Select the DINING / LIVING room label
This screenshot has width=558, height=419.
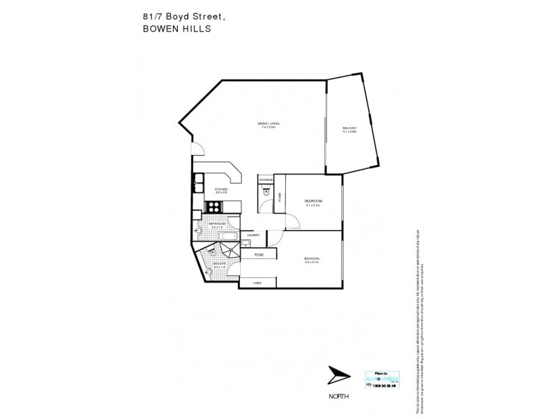269,126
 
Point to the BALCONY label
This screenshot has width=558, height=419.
349,129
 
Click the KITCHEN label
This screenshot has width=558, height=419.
221,189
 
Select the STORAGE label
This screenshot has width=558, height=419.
266,180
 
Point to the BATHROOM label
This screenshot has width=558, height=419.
217,225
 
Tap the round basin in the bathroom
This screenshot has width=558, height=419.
199,228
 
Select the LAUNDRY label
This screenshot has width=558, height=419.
252,235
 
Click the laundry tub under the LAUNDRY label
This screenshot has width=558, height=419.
246,244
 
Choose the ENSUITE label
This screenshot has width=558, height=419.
219,264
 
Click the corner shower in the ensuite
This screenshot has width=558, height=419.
225,249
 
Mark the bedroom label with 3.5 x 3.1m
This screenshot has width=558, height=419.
311,260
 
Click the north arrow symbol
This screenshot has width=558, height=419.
340,376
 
